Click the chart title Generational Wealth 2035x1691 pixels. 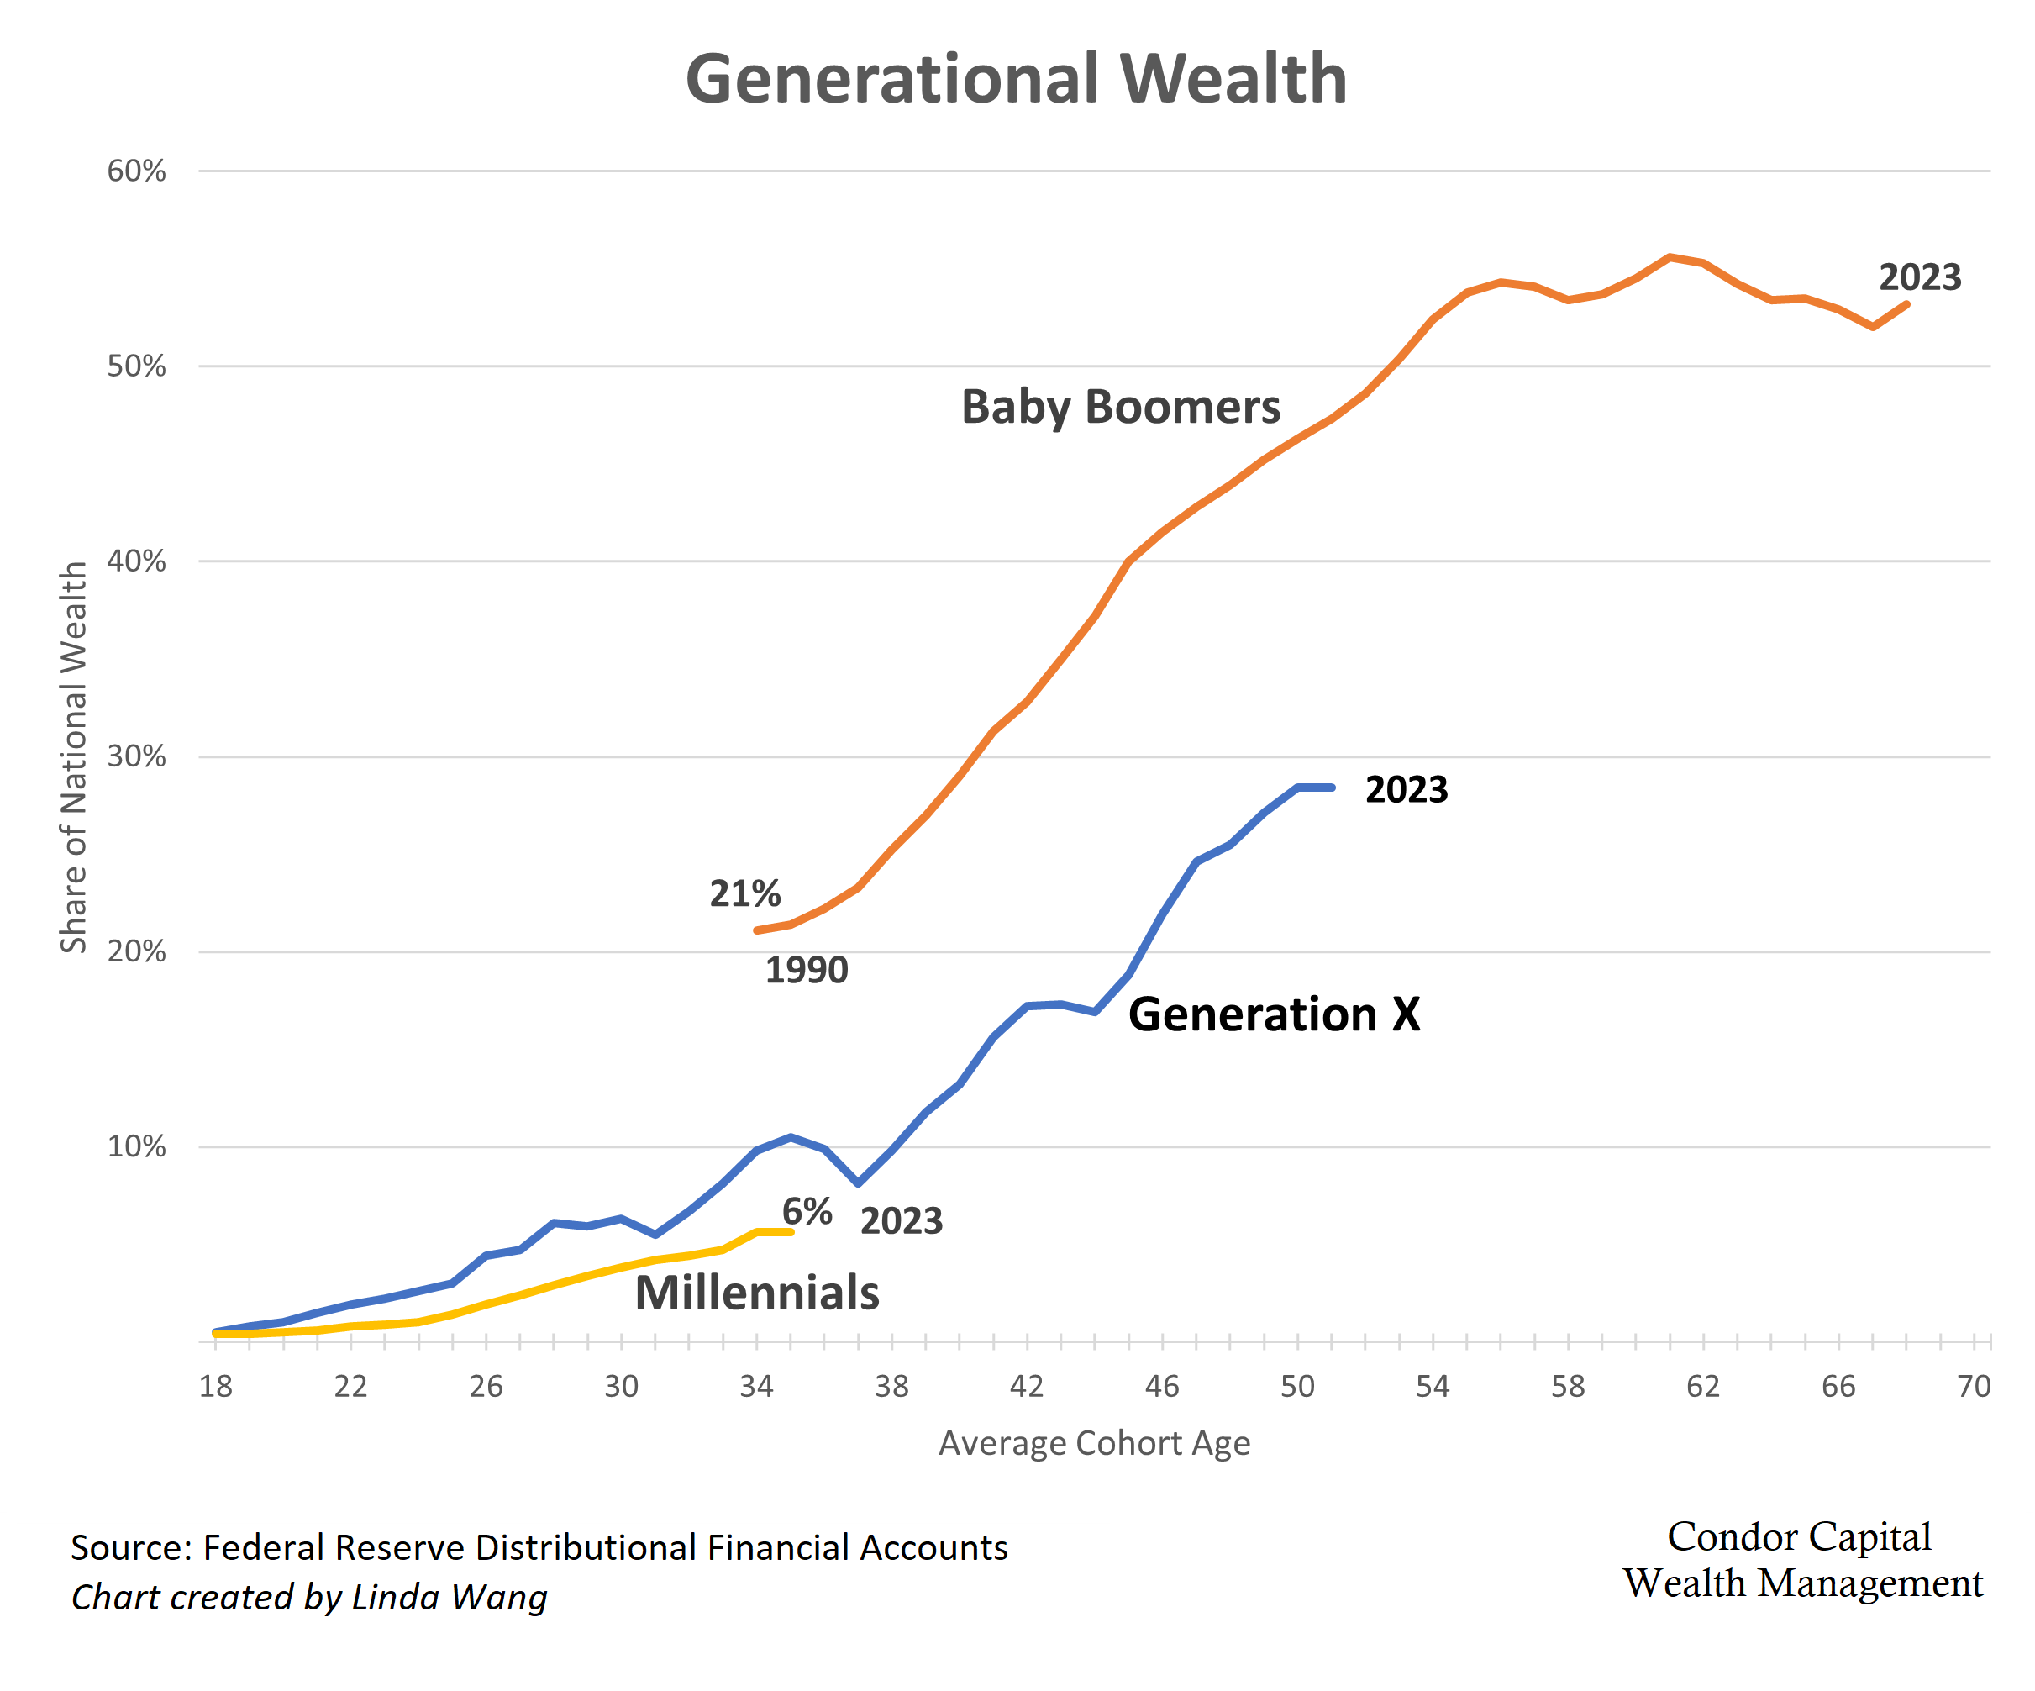(x=1016, y=80)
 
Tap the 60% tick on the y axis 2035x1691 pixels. (x=137, y=171)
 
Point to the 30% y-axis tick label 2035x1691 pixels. (x=137, y=756)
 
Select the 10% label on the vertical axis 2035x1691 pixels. (x=137, y=1146)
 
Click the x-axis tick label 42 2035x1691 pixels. (x=1026, y=1387)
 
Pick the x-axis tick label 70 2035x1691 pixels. (x=1973, y=1387)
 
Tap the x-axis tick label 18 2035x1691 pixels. (x=215, y=1387)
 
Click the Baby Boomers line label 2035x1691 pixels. (x=1120, y=407)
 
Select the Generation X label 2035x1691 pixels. (x=1273, y=1014)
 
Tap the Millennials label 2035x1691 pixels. (x=757, y=1293)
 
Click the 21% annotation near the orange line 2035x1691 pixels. (x=744, y=893)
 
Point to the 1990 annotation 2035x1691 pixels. (x=807, y=970)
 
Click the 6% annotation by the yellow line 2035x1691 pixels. (x=807, y=1211)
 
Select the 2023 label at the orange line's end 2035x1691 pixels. (x=1920, y=278)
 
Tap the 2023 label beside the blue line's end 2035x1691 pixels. (x=1406, y=790)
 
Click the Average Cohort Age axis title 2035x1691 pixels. (x=1094, y=1443)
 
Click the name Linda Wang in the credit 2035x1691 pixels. (x=450, y=1597)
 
